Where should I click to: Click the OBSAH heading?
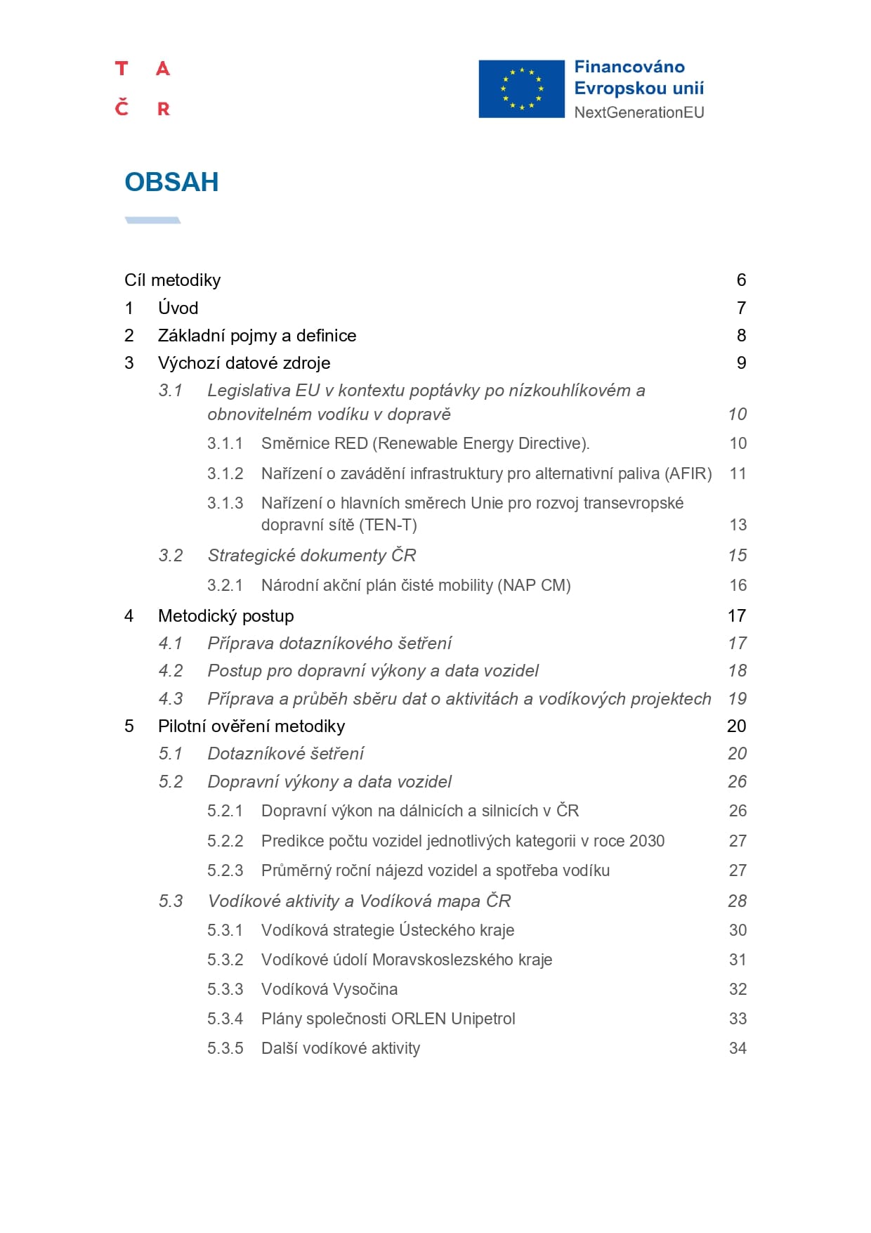pyautogui.click(x=171, y=182)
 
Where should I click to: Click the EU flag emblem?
pyautogui.click(x=521, y=89)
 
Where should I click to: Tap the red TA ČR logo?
pyautogui.click(x=143, y=89)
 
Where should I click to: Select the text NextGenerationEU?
pyautogui.click(x=638, y=112)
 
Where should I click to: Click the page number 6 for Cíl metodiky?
pyautogui.click(x=741, y=280)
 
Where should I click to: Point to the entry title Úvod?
pyautogui.click(x=178, y=308)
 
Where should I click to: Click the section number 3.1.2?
pyautogui.click(x=225, y=474)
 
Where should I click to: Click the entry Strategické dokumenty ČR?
pyautogui.click(x=311, y=556)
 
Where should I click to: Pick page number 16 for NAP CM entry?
pyautogui.click(x=738, y=585)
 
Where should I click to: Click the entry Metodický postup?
pyautogui.click(x=225, y=616)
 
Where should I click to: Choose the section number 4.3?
pyautogui.click(x=171, y=699)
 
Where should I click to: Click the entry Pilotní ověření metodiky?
pyautogui.click(x=251, y=726)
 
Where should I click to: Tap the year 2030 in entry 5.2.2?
pyautogui.click(x=646, y=841)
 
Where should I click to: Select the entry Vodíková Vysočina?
pyautogui.click(x=329, y=989)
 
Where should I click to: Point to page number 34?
pyautogui.click(x=738, y=1048)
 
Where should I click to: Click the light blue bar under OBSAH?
pyautogui.click(x=152, y=221)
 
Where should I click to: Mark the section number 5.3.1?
pyautogui.click(x=225, y=930)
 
